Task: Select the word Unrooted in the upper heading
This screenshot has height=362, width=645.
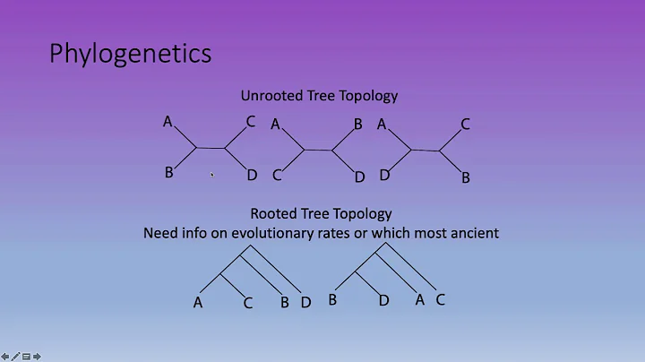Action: [270, 95]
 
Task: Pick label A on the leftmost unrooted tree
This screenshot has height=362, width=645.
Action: [168, 121]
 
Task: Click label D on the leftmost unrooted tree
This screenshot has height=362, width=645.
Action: [252, 175]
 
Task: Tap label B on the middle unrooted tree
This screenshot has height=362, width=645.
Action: [357, 125]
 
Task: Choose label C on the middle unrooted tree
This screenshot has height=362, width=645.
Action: [277, 175]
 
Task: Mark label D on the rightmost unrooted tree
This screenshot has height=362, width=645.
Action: [383, 175]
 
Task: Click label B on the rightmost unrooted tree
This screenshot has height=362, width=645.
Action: [465, 178]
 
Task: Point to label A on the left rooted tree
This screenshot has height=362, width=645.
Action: [198, 303]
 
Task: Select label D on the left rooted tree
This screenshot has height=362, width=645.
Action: [305, 303]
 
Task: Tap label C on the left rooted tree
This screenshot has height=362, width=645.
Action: [248, 304]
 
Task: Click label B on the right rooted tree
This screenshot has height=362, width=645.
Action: [332, 300]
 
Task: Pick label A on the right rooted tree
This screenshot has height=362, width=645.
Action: [419, 300]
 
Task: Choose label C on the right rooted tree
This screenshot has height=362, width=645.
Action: [440, 300]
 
